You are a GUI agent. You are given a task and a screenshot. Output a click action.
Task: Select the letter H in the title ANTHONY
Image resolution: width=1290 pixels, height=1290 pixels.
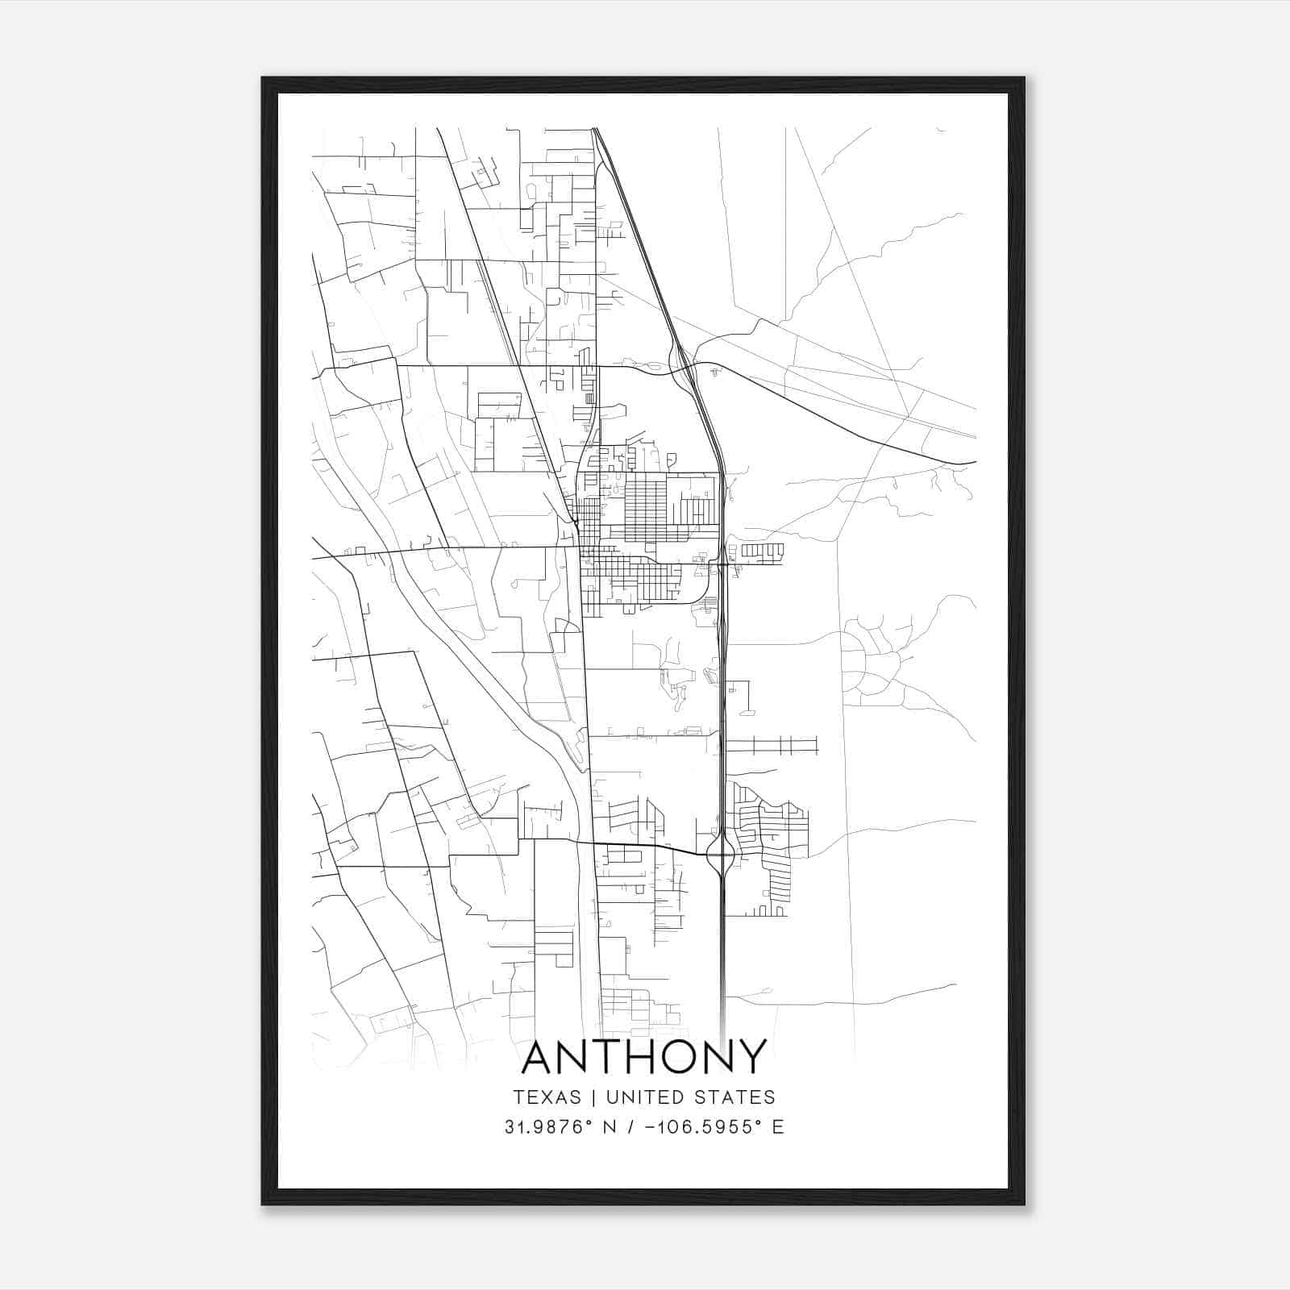pyautogui.click(x=649, y=1057)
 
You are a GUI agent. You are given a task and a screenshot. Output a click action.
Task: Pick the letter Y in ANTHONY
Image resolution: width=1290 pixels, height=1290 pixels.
pyautogui.click(x=751, y=1057)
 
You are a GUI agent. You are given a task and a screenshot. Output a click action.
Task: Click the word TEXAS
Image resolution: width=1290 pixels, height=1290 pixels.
pyautogui.click(x=547, y=1097)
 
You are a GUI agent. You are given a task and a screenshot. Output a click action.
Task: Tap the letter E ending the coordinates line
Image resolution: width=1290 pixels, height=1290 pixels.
pyautogui.click(x=778, y=1127)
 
